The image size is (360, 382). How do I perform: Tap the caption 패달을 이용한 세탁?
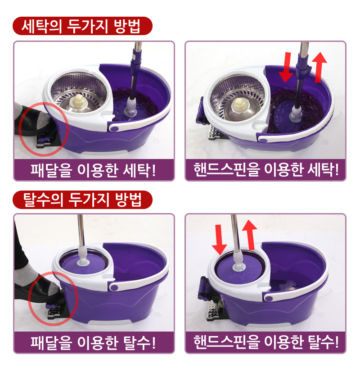tap(93, 170)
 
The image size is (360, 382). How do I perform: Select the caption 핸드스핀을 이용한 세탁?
tap(266, 169)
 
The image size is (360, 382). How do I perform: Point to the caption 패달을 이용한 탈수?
tap(93, 342)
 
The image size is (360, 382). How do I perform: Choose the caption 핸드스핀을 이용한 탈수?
tap(266, 341)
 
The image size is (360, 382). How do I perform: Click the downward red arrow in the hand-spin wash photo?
tap(286, 67)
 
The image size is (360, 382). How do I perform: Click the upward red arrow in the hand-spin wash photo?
tap(319, 67)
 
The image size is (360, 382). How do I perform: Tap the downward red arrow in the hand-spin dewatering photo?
tap(219, 240)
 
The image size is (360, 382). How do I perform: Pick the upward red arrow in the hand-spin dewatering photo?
tap(250, 235)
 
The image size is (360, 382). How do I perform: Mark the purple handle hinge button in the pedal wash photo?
tap(114, 128)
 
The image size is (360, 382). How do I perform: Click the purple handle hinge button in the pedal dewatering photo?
tap(114, 287)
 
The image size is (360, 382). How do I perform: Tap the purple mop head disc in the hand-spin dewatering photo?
tap(239, 268)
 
